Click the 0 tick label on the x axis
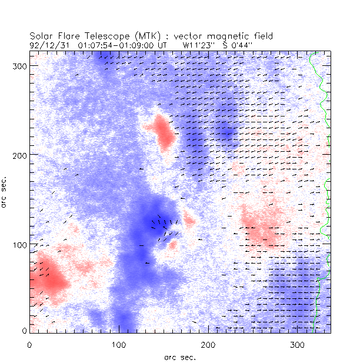click(x=29, y=343)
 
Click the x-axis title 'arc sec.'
click(x=180, y=357)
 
